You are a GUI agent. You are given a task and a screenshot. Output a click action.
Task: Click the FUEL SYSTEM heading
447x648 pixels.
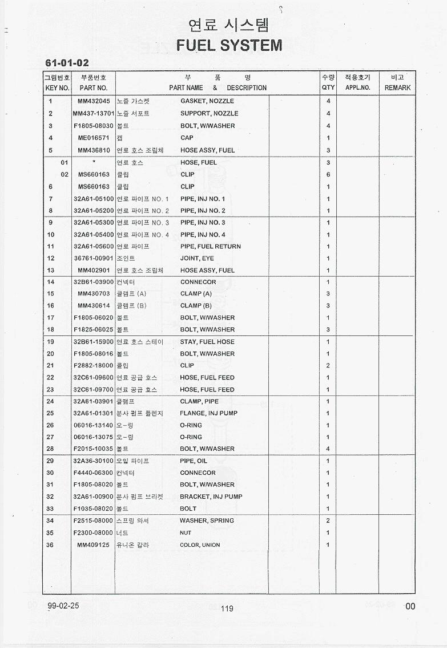tap(229, 45)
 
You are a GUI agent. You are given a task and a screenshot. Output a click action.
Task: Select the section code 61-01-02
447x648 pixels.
tap(67, 63)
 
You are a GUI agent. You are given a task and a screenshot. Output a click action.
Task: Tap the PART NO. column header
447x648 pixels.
tap(94, 88)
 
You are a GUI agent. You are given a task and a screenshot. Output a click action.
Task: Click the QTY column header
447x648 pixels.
tap(328, 88)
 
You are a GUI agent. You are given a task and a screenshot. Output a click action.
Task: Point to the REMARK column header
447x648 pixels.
tap(397, 88)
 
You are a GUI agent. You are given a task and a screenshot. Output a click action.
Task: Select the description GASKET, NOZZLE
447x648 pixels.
tap(207, 101)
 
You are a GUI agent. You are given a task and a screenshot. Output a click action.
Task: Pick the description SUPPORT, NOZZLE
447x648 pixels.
tap(210, 113)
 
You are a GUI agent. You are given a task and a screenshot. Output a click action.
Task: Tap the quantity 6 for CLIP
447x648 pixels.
tap(328, 174)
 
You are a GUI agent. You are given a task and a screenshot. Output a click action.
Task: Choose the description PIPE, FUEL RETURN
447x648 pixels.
tap(211, 246)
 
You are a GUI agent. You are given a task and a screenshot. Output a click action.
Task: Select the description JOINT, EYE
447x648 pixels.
tap(197, 258)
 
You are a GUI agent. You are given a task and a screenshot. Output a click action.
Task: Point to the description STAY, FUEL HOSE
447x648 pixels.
tap(207, 342)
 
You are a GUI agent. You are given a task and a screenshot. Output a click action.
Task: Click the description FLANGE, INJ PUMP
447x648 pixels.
tap(209, 413)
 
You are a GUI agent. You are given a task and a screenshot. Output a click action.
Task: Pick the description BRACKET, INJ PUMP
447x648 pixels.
tap(211, 497)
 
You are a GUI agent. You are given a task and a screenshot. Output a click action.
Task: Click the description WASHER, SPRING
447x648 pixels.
tap(207, 521)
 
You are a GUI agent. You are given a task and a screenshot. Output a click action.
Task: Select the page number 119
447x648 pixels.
tap(227, 609)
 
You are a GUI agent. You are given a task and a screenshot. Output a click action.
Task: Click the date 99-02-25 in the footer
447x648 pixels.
tap(63, 606)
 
